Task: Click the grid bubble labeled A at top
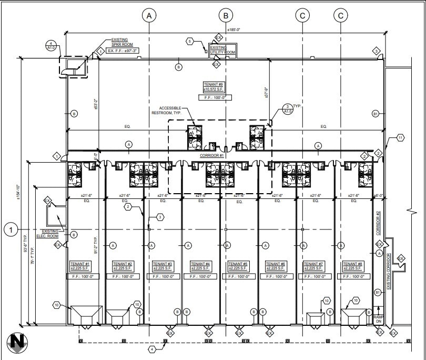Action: pyautogui.click(x=149, y=16)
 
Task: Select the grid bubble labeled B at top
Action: pyautogui.click(x=226, y=16)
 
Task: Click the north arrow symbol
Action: pyautogui.click(x=17, y=343)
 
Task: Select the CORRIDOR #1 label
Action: pyautogui.click(x=212, y=156)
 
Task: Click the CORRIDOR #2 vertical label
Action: pyautogui.click(x=378, y=221)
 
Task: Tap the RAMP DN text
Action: pyautogui.click(x=379, y=320)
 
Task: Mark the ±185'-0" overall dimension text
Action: pyautogui.click(x=234, y=30)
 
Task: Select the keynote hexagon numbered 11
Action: pyautogui.click(x=400, y=137)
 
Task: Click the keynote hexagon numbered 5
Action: pyautogui.click(x=190, y=41)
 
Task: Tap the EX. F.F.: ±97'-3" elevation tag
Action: pyautogui.click(x=123, y=51)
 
